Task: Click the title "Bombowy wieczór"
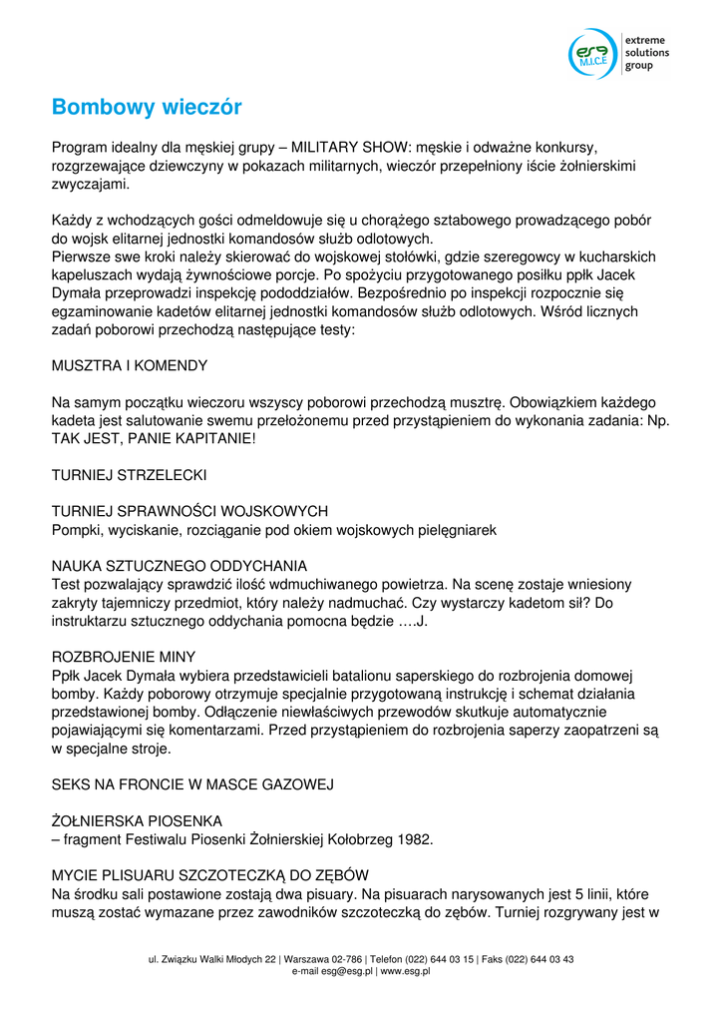(x=147, y=107)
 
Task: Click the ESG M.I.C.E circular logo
(x=593, y=54)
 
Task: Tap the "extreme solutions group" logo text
(x=646, y=53)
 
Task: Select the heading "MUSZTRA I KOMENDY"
(x=130, y=366)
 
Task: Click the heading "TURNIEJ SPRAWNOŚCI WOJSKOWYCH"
(x=189, y=512)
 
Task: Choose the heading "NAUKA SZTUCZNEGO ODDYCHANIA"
(x=180, y=566)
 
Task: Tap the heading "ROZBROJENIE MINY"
(x=124, y=657)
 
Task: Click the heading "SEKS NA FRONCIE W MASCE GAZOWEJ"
(x=191, y=784)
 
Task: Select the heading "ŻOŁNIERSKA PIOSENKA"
(x=137, y=821)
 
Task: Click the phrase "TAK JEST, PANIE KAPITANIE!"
(x=154, y=438)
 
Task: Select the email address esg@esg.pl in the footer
(x=343, y=971)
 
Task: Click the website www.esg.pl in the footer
(x=405, y=971)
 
